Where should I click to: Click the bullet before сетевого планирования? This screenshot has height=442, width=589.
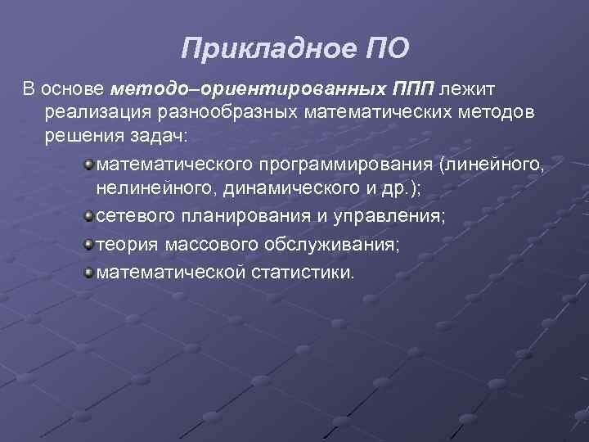click(88, 218)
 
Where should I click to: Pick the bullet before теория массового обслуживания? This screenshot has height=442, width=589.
click(88, 244)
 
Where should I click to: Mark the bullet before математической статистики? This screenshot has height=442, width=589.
click(88, 270)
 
